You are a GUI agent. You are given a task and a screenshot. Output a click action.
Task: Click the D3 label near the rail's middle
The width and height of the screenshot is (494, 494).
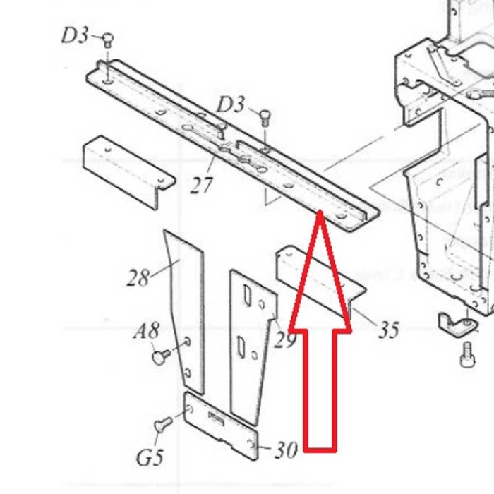230,105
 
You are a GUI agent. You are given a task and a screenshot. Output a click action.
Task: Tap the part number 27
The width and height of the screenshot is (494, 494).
202,185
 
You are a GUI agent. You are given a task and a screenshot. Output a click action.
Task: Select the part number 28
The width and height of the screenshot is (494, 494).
138,277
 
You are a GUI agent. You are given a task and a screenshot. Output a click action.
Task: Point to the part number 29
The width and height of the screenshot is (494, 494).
284,340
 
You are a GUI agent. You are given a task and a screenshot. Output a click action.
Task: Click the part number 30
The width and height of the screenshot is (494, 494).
284,450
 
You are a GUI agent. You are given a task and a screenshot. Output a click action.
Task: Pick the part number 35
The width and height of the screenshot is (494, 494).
388,329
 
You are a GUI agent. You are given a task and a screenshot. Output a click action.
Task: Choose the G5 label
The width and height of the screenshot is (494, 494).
150,458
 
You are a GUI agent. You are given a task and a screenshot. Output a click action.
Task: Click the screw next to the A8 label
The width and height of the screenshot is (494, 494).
160,357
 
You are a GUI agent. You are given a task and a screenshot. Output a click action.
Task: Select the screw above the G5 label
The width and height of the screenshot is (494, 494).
162,425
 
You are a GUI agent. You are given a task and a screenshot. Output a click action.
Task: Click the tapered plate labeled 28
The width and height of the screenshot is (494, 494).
185,311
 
